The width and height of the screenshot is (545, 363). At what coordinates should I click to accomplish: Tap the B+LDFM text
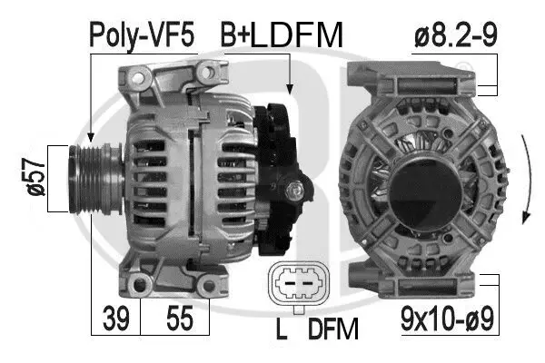[282, 35]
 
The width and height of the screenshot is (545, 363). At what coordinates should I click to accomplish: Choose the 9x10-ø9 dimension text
[448, 319]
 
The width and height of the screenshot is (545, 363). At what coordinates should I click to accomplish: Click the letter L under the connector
[282, 329]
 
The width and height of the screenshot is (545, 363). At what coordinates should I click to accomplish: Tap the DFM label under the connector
[333, 329]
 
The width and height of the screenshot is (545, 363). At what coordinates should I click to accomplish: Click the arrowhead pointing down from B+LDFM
[289, 89]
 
